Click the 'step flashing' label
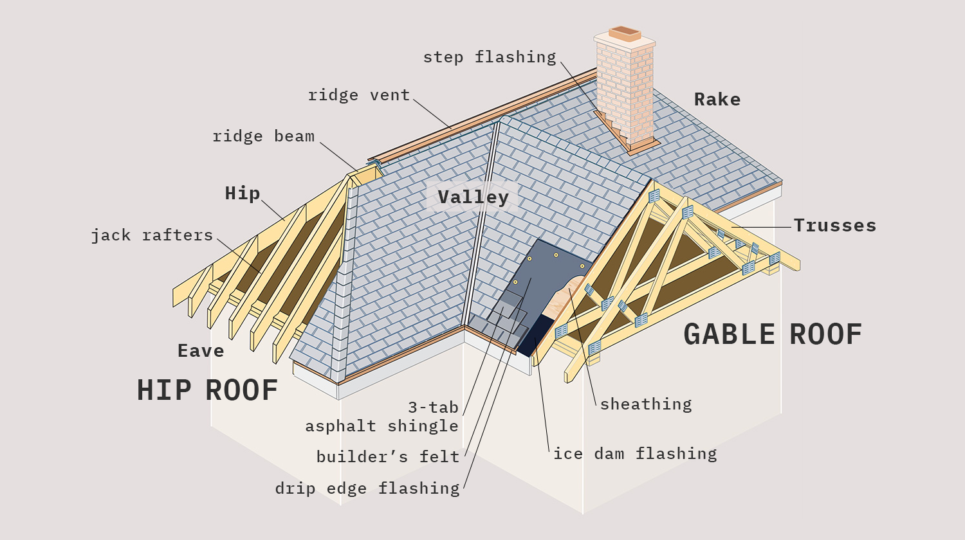click(x=489, y=57)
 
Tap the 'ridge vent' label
click(x=359, y=95)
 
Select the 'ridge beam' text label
click(x=264, y=136)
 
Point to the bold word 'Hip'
click(x=243, y=194)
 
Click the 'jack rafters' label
click(x=152, y=235)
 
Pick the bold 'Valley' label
click(x=473, y=197)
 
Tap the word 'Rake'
click(x=717, y=100)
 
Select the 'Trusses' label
click(x=834, y=226)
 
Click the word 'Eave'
click(x=201, y=351)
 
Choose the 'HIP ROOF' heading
click(x=207, y=390)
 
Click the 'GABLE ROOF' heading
click(x=773, y=334)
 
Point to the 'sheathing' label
click(x=646, y=404)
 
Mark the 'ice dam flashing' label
click(x=635, y=454)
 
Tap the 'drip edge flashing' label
click(x=367, y=489)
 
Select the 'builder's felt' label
click(x=388, y=457)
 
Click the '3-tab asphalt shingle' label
click(x=382, y=417)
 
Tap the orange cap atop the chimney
click(x=625, y=33)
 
